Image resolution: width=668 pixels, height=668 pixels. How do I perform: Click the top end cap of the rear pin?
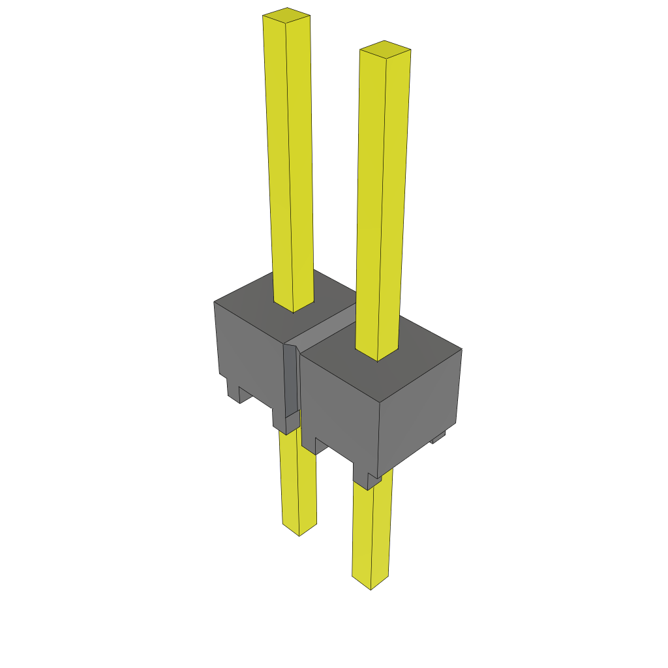pos(286,15)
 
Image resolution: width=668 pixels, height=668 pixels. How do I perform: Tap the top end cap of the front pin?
pos(385,49)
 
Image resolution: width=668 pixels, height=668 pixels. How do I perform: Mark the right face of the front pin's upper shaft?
pos(394,202)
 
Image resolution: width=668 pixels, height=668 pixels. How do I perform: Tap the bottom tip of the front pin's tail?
pos(371,584)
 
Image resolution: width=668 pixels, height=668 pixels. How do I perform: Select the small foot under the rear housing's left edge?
pos(234,389)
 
